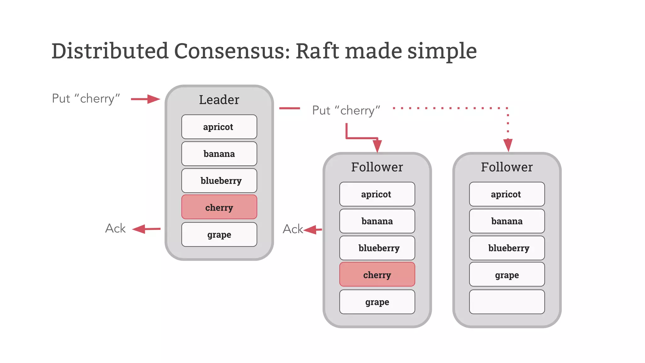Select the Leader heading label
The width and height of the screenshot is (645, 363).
tap(219, 100)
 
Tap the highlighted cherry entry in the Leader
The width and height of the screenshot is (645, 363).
tap(219, 207)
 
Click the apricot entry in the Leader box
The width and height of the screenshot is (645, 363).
tap(219, 127)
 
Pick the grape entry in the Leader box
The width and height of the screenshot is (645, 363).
tap(219, 234)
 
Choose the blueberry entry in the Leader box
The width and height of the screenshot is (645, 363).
tap(219, 181)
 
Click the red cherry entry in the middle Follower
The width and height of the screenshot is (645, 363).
tap(377, 274)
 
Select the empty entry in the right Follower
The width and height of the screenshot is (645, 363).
tap(507, 302)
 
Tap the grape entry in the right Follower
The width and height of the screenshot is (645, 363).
tap(507, 274)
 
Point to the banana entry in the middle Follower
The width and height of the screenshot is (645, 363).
tap(377, 221)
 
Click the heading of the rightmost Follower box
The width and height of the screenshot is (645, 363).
tap(507, 167)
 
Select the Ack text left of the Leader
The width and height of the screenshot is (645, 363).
tap(115, 228)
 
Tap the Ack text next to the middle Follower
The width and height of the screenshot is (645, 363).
tap(293, 229)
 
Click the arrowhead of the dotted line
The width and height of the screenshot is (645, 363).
tap(508, 145)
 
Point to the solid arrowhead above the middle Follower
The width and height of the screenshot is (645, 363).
tap(377, 146)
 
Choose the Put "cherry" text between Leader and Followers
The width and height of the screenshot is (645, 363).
tap(346, 110)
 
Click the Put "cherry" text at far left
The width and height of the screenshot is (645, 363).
tap(86, 99)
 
